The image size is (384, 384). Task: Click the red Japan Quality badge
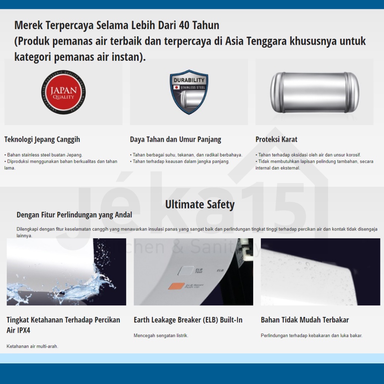coord(63,92)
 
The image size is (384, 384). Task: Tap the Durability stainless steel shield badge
coord(189,91)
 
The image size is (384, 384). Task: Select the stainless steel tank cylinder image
coord(314,92)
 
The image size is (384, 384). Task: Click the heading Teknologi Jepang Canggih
coord(42,139)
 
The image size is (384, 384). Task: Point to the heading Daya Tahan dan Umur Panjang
coord(175,139)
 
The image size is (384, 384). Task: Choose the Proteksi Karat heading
coord(276,139)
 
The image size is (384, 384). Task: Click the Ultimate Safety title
coord(200,205)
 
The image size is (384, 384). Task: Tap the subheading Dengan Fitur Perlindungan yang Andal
coord(74,215)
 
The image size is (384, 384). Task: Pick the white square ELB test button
coord(186,271)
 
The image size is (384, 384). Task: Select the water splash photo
coord(66,272)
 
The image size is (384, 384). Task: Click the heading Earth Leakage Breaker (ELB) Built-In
coord(188,320)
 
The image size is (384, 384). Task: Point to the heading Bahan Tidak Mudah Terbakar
coord(305,320)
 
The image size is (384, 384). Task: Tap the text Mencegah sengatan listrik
coord(161,336)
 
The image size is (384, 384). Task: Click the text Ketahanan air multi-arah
coord(32,346)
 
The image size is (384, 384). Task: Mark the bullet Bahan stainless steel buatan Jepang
coord(44,155)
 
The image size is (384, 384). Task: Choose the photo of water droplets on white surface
coord(320,272)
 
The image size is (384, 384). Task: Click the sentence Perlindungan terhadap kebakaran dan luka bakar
coord(312,336)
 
